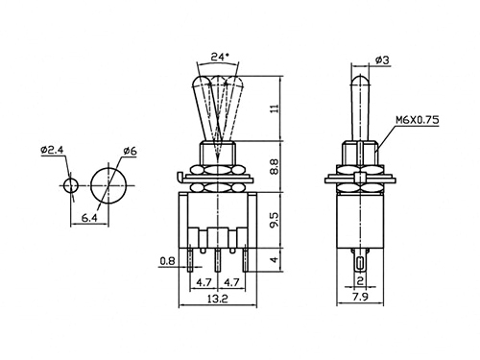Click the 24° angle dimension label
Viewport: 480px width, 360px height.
220,57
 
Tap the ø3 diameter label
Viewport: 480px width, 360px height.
382,60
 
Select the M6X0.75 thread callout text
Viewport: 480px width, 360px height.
418,120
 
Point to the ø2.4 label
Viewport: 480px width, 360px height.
52,150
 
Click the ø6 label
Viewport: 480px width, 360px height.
130,151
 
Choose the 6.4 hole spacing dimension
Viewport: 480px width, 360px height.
89,218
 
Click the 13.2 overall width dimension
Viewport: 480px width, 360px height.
218,299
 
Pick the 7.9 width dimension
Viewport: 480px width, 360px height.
360,297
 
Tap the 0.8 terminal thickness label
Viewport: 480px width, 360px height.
167,261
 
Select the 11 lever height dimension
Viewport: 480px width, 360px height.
275,108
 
